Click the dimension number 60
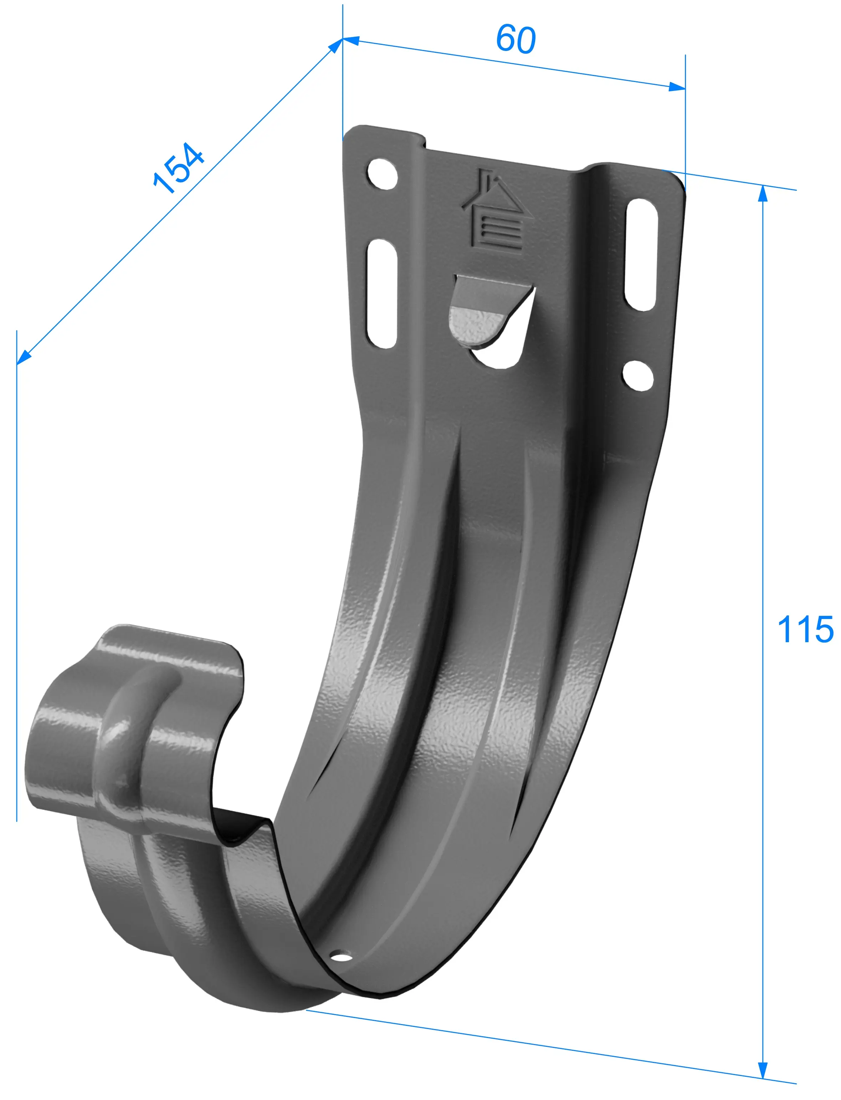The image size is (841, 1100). (x=516, y=39)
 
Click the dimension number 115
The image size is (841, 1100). (x=805, y=629)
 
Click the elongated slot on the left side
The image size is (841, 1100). (x=383, y=293)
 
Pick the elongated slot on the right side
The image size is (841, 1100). (x=641, y=254)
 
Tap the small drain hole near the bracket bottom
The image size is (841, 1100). (x=342, y=958)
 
